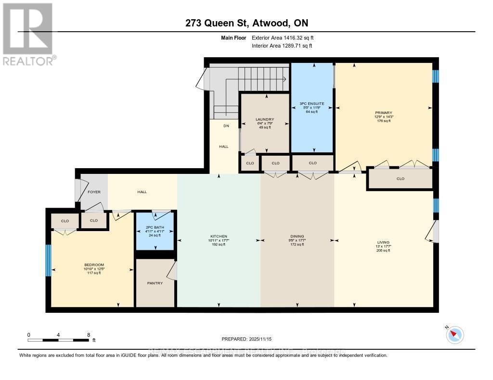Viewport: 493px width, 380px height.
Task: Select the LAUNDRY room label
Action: pos(265,119)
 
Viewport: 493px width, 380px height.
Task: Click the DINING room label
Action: pos(298,236)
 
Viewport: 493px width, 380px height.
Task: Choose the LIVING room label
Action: pos(384,242)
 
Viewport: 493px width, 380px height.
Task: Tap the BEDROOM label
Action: pos(94,264)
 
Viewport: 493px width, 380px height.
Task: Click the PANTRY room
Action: pos(155,283)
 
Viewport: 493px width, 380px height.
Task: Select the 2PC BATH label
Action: pos(155,227)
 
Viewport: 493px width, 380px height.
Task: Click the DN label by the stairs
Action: pos(225,126)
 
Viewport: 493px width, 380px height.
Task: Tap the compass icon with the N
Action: pos(454,334)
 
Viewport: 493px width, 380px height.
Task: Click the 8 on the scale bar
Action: pos(88,334)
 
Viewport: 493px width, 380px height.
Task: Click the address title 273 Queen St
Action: pos(246,23)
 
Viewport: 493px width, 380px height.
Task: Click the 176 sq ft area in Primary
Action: pos(384,121)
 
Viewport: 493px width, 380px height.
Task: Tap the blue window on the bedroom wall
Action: pos(48,260)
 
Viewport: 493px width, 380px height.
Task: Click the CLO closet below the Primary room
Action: pos(400,179)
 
